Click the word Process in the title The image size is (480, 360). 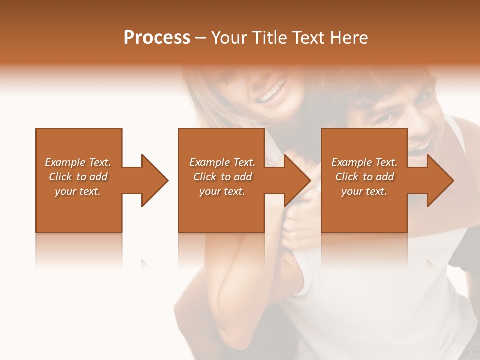(157, 38)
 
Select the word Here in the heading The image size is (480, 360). (348, 38)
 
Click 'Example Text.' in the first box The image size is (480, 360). (78, 162)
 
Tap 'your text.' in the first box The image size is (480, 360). (78, 191)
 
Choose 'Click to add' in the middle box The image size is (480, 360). (222, 177)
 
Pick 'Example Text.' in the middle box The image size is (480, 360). (222, 162)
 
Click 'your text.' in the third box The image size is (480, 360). (364, 191)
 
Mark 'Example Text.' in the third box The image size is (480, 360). (364, 162)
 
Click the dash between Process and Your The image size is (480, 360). (201, 38)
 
